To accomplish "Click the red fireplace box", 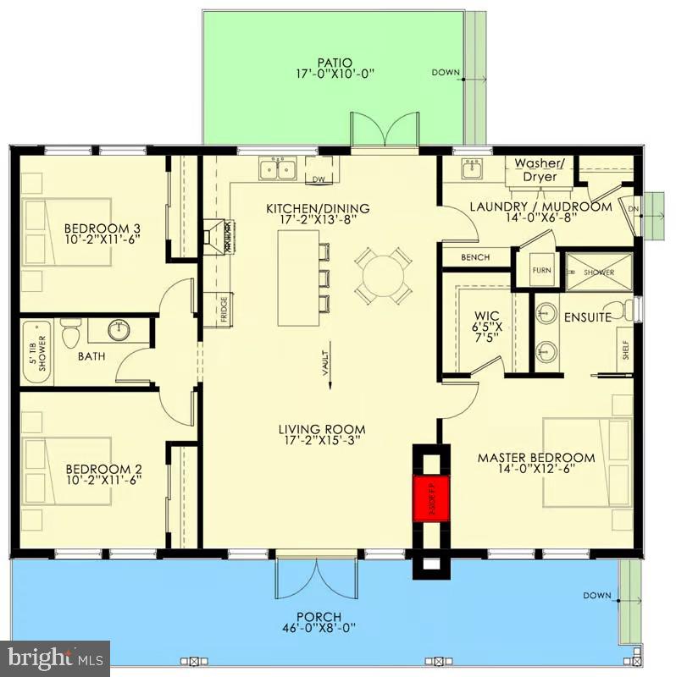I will pos(425,499).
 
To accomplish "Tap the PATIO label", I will pos(334,62).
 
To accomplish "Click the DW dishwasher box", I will pos(319,179).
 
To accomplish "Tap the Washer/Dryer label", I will pos(539,170).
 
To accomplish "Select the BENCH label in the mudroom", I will pos(475,257).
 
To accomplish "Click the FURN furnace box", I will pos(541,271).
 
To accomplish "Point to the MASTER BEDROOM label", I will pos(535,458).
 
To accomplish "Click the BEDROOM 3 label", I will pos(102,228).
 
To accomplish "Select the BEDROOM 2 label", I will pos(102,469).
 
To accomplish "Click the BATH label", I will pos(91,356).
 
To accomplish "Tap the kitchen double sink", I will pos(276,169).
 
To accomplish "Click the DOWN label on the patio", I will pos(445,73).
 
